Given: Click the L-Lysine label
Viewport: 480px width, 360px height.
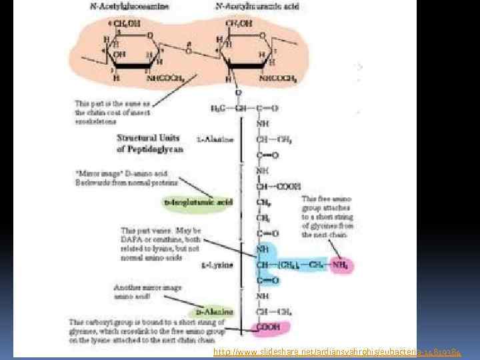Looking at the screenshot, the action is pyautogui.click(x=217, y=265).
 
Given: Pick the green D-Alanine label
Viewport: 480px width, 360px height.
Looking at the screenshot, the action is pyautogui.click(x=215, y=311).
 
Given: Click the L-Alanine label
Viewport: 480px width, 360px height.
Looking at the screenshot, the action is pyautogui.click(x=215, y=139).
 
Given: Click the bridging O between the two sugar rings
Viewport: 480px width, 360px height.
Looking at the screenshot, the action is pyautogui.click(x=189, y=50).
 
